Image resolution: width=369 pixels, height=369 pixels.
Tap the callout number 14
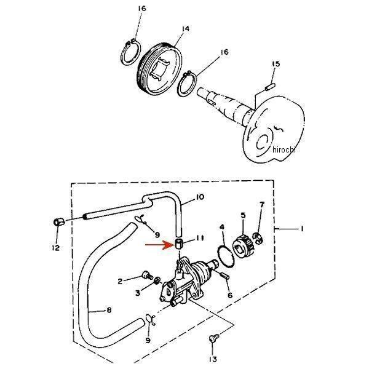pos(186,28)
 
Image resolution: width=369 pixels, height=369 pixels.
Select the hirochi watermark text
pos(284,149)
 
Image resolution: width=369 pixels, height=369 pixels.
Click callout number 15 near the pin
pos(276,64)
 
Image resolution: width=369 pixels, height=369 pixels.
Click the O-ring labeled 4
pos(226,256)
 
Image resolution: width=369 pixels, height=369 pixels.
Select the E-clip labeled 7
pos(258,238)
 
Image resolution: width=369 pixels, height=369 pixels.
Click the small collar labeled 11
pos(179,243)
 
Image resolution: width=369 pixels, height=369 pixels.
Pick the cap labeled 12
pos(59,222)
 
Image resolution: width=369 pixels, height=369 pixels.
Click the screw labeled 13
pos(213,338)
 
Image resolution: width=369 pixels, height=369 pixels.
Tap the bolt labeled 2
pos(147,275)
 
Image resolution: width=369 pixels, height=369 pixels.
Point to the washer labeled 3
pos(157,280)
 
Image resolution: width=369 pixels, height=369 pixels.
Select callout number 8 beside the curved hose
pos(109,310)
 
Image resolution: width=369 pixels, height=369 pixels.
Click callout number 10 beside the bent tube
pos(199,197)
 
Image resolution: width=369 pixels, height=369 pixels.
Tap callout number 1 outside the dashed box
pos(302,229)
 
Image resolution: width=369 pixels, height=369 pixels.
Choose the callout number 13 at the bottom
pos(213,359)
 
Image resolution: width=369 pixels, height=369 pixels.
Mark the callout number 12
pos(56,248)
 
